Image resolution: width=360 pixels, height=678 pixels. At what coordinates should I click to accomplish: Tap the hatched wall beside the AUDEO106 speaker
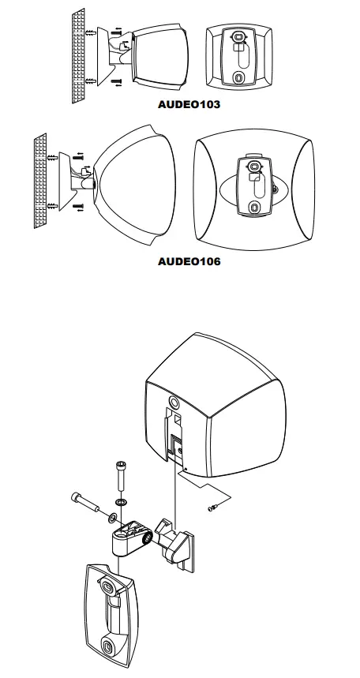click(41, 182)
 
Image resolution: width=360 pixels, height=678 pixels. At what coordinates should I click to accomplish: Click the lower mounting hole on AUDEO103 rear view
click(239, 77)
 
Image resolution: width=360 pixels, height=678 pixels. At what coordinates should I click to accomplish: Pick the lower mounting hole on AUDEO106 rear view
click(254, 207)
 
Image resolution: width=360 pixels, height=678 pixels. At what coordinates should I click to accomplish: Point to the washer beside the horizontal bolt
click(112, 517)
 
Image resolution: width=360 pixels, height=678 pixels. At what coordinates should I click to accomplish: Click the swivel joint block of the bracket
click(130, 537)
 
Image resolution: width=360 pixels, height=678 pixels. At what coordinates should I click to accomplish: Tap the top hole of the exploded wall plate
click(107, 585)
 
